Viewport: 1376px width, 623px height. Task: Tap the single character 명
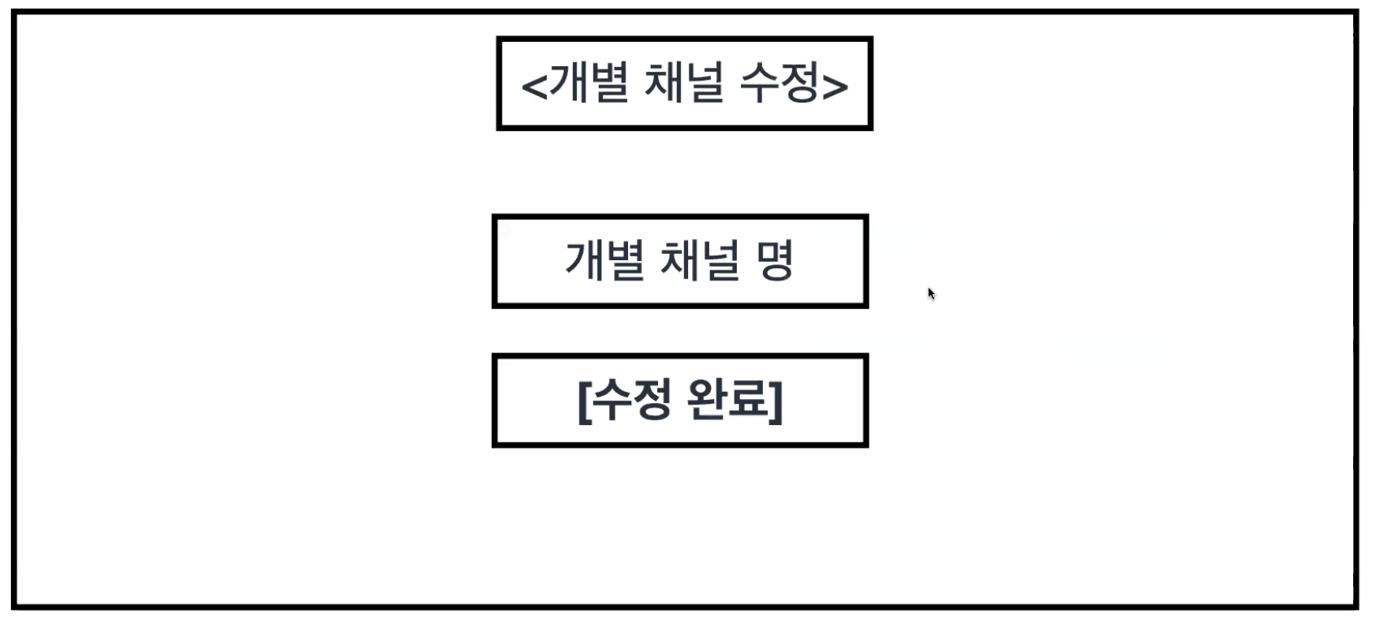pyautogui.click(x=775, y=260)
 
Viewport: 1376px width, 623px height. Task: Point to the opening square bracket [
pyautogui.click(x=584, y=401)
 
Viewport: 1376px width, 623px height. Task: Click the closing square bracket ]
pyautogui.click(x=776, y=401)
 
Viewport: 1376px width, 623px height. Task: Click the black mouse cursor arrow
pyautogui.click(x=931, y=293)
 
